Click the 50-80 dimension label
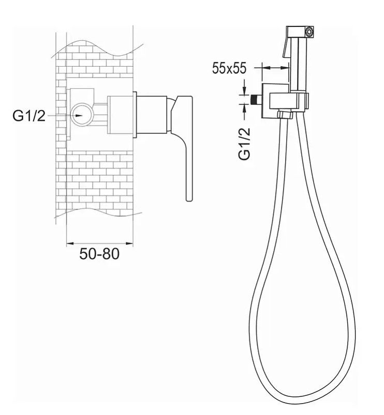[x=99, y=254]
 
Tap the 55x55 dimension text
[x=229, y=68]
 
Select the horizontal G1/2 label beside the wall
[x=29, y=116]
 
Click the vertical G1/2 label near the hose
[x=244, y=144]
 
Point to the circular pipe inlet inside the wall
[x=82, y=114]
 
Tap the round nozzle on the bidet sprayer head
[x=309, y=32]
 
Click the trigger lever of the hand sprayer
[x=287, y=45]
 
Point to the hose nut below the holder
[x=286, y=115]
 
